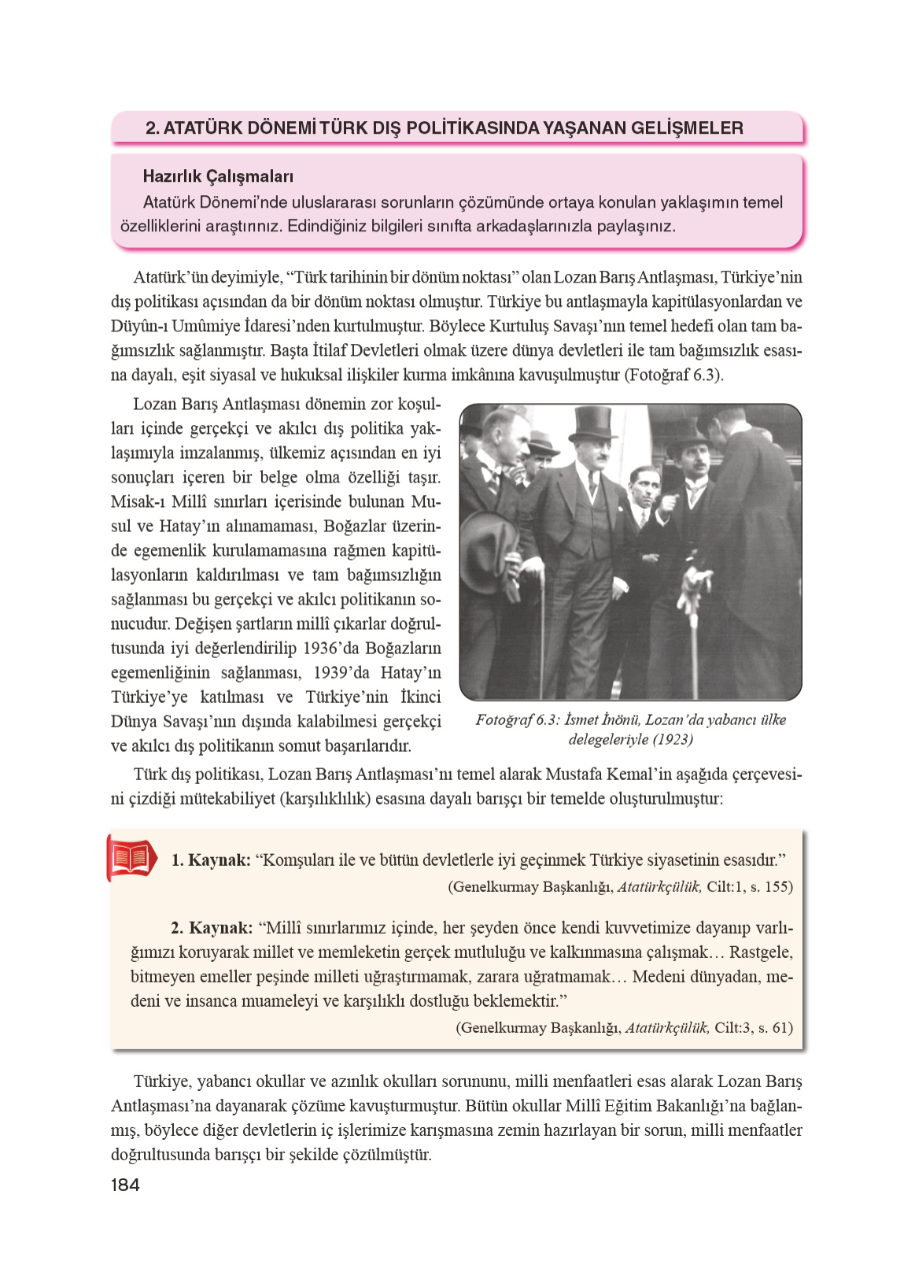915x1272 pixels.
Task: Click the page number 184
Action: click(x=125, y=1185)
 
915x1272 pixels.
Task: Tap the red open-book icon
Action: click(x=131, y=858)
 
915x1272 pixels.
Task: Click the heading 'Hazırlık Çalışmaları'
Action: click(x=218, y=176)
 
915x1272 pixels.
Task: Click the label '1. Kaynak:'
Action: click(x=211, y=860)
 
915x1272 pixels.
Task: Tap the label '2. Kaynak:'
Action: click(x=212, y=928)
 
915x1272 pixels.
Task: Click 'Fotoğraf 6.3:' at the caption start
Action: click(x=518, y=720)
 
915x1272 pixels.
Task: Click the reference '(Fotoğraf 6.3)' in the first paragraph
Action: click(x=673, y=375)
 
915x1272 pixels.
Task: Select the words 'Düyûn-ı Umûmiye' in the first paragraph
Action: click(x=173, y=326)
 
